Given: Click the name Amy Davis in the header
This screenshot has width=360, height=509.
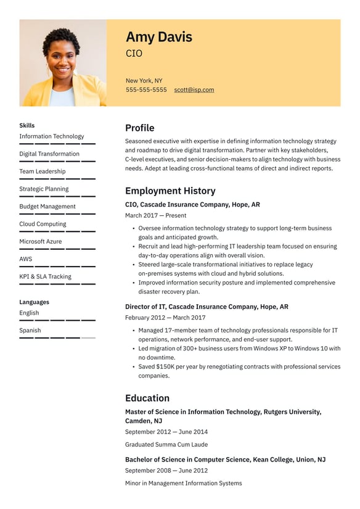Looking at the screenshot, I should pos(158,37).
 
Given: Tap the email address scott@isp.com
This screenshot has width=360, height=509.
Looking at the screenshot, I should pos(194,89).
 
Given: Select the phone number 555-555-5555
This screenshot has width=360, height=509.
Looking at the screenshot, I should pos(146,89).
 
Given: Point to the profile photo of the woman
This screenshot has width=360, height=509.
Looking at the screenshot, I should pos(63,63).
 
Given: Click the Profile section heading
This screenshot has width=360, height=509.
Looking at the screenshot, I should pos(139,128).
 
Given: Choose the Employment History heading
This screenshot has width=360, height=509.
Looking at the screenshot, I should pos(170,191).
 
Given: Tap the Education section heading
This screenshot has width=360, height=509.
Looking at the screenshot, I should pos(147,398).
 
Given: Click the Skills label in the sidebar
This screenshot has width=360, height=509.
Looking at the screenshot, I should pos(27,125).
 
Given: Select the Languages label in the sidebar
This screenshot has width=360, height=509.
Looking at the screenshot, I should pos(34,302).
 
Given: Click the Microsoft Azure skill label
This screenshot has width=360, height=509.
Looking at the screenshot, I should pos(41,241).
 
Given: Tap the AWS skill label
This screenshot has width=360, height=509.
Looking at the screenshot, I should pos(26,259).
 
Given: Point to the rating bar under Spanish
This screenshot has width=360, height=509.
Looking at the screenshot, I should pos(57,338).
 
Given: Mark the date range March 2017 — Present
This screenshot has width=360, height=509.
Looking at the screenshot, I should pos(155,215).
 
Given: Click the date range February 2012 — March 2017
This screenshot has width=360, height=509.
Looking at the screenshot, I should pos(165,318).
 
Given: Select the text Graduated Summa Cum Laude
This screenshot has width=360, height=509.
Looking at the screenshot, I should pos(166,444).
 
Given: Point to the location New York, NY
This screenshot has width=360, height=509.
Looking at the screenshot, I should pos(144,80).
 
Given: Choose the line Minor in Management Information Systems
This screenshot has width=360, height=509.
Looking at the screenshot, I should pos(183,483).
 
